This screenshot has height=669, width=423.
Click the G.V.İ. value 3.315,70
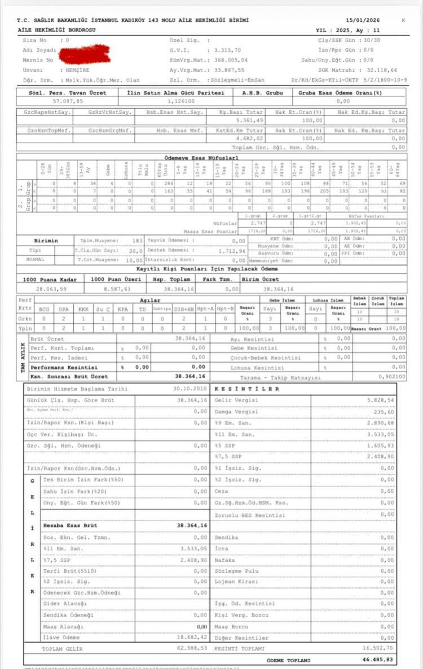click(227, 50)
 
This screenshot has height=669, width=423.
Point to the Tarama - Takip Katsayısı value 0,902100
click(390, 377)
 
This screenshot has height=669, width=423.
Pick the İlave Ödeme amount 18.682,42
click(192, 637)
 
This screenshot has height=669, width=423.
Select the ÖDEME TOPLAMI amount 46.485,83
click(386, 659)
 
